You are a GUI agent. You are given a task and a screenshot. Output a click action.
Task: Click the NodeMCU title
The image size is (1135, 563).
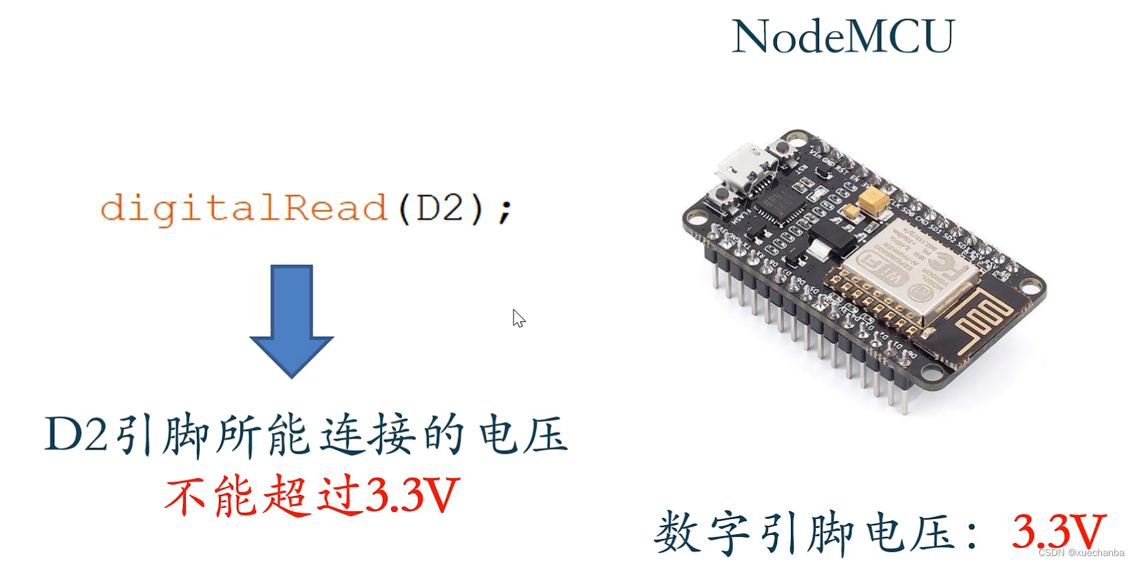pyautogui.click(x=843, y=36)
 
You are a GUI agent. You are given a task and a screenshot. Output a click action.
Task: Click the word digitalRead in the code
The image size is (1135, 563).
pyautogui.click(x=244, y=208)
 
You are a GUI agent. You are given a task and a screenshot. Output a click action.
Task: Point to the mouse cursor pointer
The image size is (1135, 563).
pyautogui.click(x=518, y=317)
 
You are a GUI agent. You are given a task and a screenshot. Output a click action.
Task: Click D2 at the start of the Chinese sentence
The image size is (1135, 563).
pyautogui.click(x=76, y=435)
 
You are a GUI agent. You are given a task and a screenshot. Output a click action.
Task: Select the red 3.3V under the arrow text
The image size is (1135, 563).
pyautogui.click(x=412, y=494)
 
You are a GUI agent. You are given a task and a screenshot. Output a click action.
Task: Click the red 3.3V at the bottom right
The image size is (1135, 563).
pyautogui.click(x=1058, y=531)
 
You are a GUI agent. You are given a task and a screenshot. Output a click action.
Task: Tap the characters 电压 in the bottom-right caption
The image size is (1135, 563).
pyautogui.click(x=910, y=533)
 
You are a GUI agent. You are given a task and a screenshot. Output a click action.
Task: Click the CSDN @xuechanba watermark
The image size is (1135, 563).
pyautogui.click(x=1081, y=553)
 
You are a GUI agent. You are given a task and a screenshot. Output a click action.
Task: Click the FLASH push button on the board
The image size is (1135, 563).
pyautogui.click(x=721, y=195)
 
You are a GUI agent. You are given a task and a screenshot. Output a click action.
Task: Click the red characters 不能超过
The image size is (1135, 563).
pyautogui.click(x=263, y=496)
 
